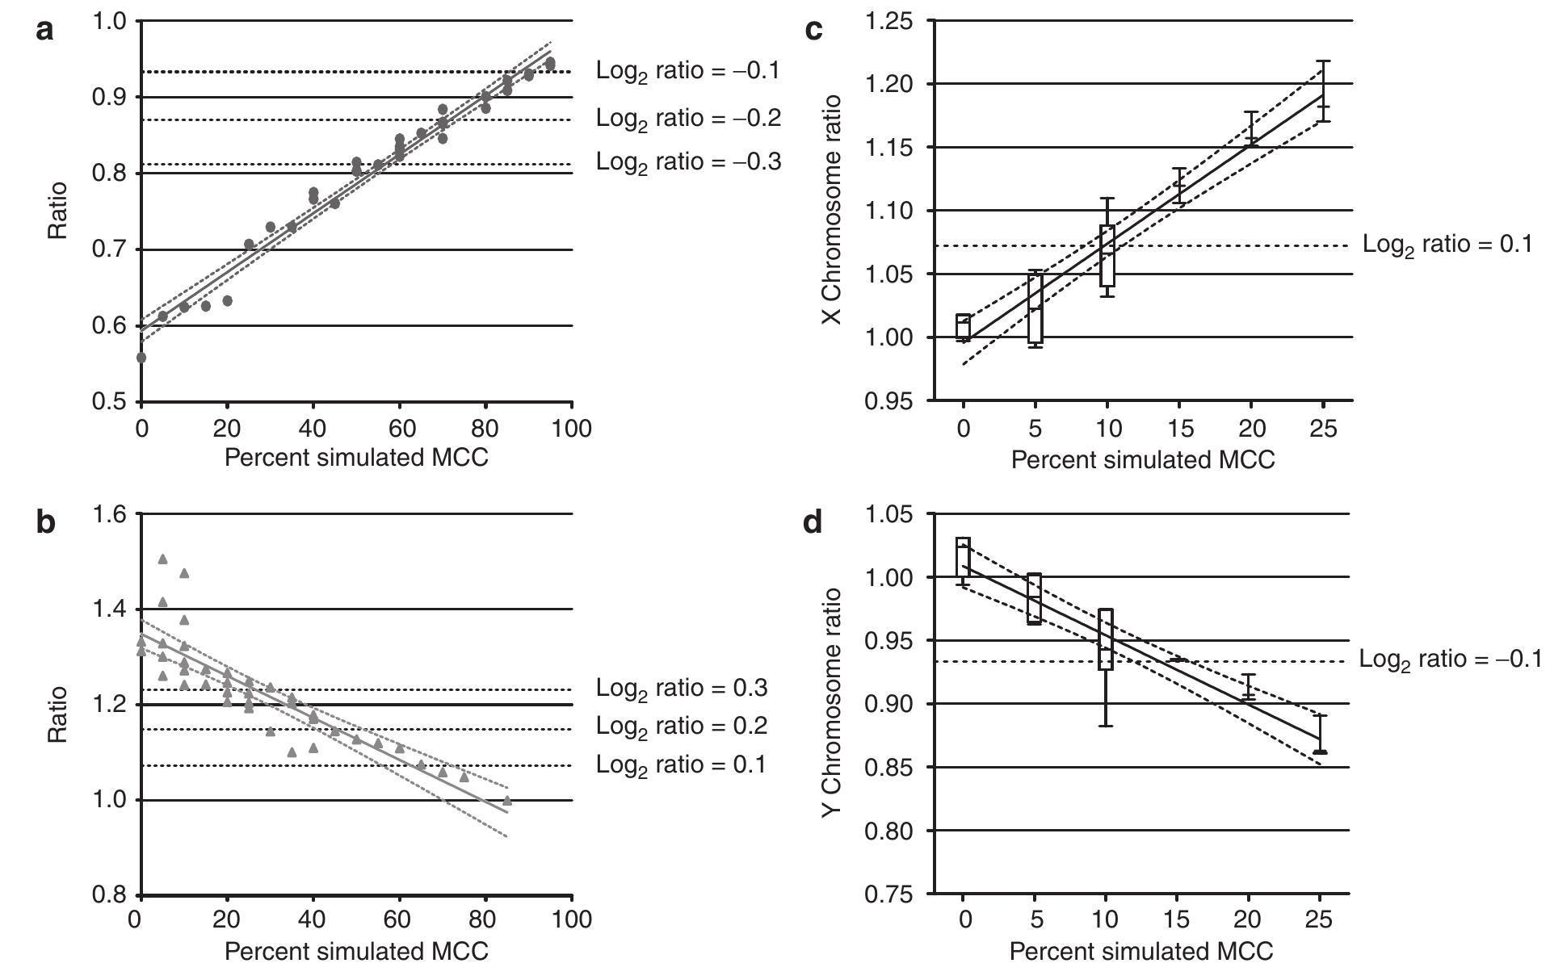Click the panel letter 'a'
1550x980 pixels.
(45, 31)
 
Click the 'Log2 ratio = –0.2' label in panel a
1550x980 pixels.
(688, 118)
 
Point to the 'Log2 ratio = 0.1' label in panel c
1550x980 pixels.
(1447, 245)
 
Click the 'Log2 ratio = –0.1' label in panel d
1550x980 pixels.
(1451, 660)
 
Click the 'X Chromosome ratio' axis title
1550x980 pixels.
(833, 210)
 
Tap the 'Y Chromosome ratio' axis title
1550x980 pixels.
(833, 702)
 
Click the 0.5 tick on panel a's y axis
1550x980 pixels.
(110, 402)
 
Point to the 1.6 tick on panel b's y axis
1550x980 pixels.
(110, 514)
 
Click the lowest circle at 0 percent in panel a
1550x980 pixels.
(141, 358)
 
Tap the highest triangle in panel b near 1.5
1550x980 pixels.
(162, 559)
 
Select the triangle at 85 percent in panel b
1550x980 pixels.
(507, 801)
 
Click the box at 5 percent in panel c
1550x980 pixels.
(1035, 308)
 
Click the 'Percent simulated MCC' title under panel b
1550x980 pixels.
(356, 951)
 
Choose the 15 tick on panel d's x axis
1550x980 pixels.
(1178, 920)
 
